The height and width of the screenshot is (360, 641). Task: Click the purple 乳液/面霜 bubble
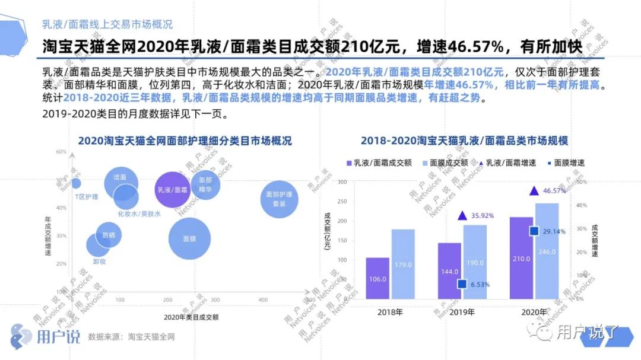[x=172, y=190]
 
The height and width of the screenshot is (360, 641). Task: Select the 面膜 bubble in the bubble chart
[x=190, y=238]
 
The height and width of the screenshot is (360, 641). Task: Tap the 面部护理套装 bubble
[x=279, y=198]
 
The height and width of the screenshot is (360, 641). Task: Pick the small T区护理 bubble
[x=75, y=183]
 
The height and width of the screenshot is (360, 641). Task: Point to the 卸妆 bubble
[x=99, y=245]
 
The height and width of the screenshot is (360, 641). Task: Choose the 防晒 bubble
[x=109, y=235]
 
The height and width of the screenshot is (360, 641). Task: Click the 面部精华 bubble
[x=205, y=184]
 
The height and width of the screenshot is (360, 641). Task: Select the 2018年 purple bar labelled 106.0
[x=377, y=278]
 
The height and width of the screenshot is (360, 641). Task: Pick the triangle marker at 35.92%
[x=462, y=215]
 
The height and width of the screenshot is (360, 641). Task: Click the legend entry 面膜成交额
[x=445, y=163]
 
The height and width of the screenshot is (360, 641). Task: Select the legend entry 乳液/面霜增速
[x=511, y=163]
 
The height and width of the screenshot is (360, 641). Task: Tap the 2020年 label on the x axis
[x=534, y=312]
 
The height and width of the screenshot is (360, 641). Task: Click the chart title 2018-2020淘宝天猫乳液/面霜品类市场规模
[x=465, y=141]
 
